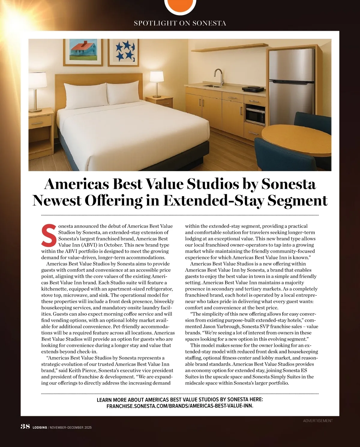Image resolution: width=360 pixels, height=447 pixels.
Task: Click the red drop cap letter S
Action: [x=48, y=234]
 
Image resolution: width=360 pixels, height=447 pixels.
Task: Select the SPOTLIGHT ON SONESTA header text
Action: [x=180, y=23]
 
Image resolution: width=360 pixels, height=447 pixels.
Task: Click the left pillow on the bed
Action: [x=86, y=94]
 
